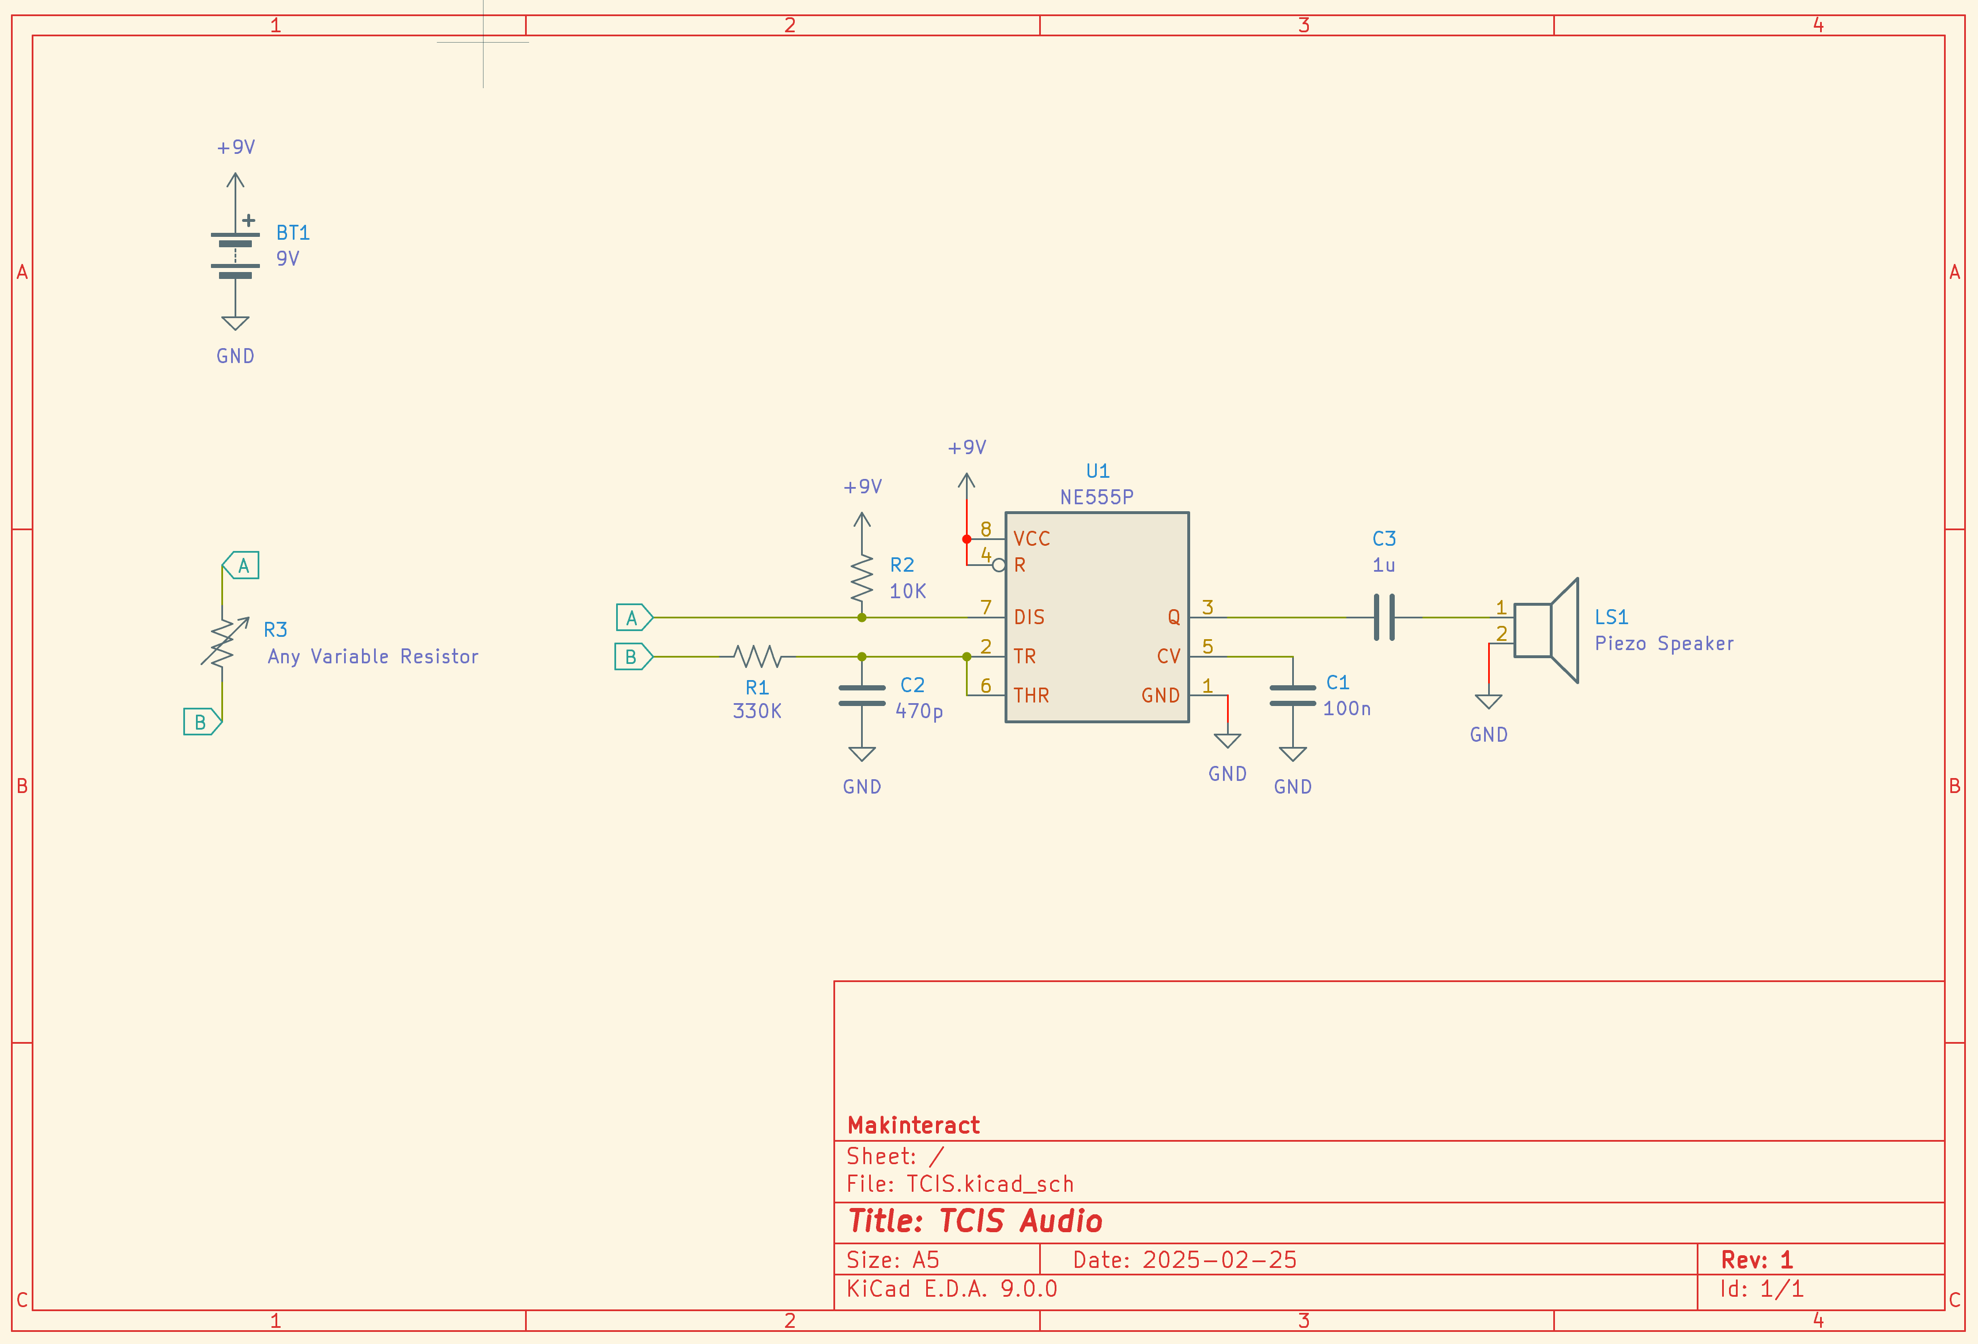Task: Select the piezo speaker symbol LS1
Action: tap(1546, 631)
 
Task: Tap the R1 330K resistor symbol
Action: tap(757, 656)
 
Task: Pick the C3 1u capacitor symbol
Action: tap(1384, 617)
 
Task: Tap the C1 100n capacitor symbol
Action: tap(1292, 696)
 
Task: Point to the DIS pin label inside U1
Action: tap(1028, 617)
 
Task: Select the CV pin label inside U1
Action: tap(1169, 656)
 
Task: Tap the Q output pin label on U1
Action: tap(1173, 617)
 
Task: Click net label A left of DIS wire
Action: tap(634, 617)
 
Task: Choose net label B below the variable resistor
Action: tap(202, 722)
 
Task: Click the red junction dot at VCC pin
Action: tap(967, 539)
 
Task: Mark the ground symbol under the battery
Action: tap(235, 323)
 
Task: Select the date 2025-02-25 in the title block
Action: tap(1219, 1260)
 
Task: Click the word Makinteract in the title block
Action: tap(913, 1125)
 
